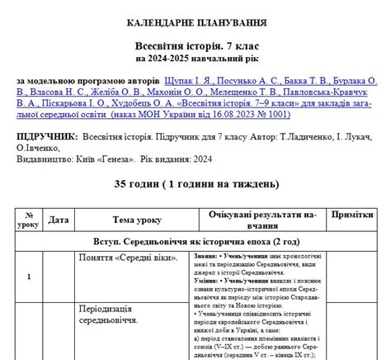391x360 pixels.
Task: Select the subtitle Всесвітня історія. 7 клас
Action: tap(195, 47)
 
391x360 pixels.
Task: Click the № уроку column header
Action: tap(30, 219)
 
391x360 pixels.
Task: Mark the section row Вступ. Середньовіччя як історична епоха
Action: tap(195, 241)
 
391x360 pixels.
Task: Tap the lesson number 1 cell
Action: tap(30, 277)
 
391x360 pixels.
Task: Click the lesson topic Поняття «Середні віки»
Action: tap(137, 258)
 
